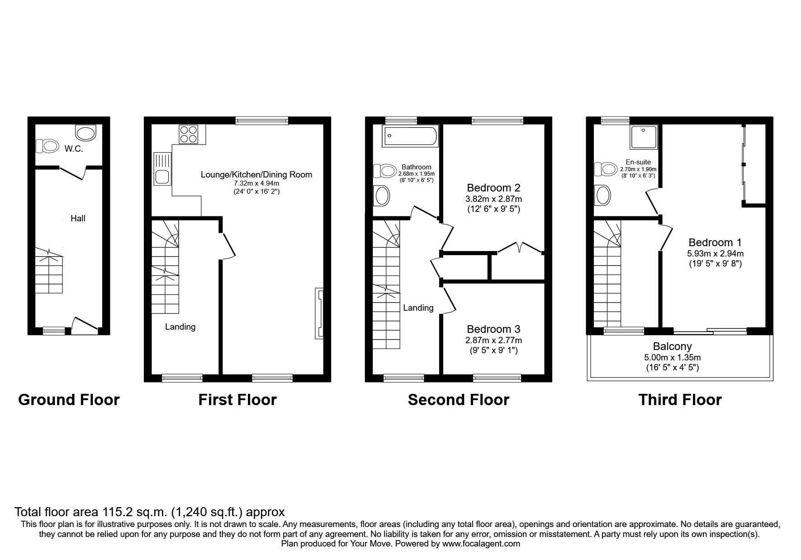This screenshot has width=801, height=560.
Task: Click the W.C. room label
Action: (x=73, y=149)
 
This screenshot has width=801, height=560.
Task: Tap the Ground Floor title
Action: (x=69, y=400)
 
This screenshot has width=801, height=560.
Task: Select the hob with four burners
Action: (x=188, y=134)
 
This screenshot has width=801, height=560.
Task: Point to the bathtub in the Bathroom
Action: (x=410, y=136)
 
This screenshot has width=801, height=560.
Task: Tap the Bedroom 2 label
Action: (x=493, y=187)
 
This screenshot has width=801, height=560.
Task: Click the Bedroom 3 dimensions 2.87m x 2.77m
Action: (x=493, y=340)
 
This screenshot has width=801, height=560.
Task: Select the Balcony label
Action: (x=672, y=346)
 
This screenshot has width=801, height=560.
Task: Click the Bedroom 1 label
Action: (x=715, y=242)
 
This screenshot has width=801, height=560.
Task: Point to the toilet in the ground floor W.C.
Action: (x=48, y=146)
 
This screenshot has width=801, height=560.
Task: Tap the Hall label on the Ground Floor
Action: (x=78, y=219)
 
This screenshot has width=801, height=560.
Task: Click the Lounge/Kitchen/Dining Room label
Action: (x=256, y=174)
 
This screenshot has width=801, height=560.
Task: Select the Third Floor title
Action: (x=680, y=400)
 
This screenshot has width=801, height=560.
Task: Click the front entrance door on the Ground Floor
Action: (x=85, y=325)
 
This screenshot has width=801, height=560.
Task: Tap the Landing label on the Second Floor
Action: (x=418, y=308)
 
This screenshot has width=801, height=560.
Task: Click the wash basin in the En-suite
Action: (x=603, y=196)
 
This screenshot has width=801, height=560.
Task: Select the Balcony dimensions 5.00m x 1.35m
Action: (x=672, y=357)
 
